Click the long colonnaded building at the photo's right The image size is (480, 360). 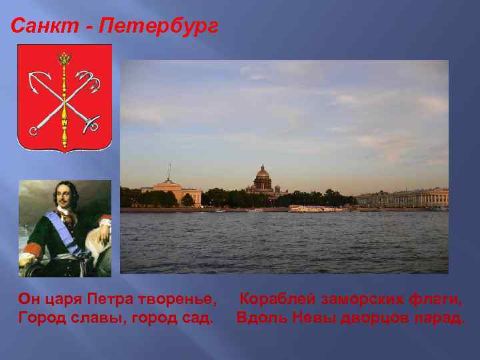pos(403,197)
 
